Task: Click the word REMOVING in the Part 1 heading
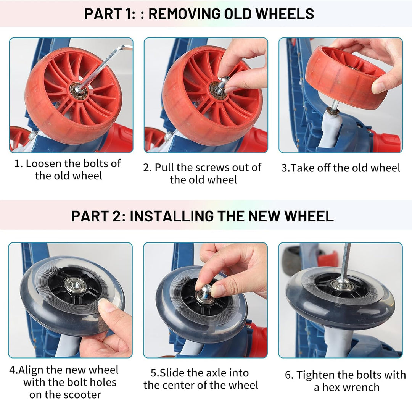click(185, 14)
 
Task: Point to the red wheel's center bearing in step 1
click(79, 91)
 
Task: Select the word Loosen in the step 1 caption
click(43, 163)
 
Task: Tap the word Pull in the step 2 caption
click(164, 168)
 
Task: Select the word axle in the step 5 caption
click(216, 373)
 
